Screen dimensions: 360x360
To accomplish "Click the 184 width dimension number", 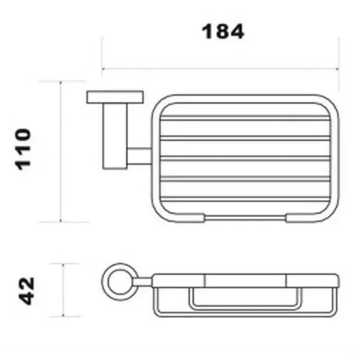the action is pyautogui.click(x=222, y=32).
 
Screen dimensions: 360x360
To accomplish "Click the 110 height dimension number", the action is pyautogui.click(x=22, y=149).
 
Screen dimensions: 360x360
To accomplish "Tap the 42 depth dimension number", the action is pyautogui.click(x=26, y=291).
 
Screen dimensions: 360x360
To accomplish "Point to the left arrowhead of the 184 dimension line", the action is pyautogui.click(x=104, y=68).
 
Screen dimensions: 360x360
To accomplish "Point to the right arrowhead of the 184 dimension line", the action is pyautogui.click(x=337, y=68).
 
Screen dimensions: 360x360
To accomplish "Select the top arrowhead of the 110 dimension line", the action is pyautogui.click(x=60, y=83).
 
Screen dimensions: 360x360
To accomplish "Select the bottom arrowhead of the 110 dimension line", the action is pyautogui.click(x=60, y=221).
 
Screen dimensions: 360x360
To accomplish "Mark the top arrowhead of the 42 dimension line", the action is pyautogui.click(x=64, y=265).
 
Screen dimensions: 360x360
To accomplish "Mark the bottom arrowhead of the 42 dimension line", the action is pyautogui.click(x=64, y=315).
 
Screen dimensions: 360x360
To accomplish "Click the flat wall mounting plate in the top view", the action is pyautogui.click(x=115, y=97).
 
